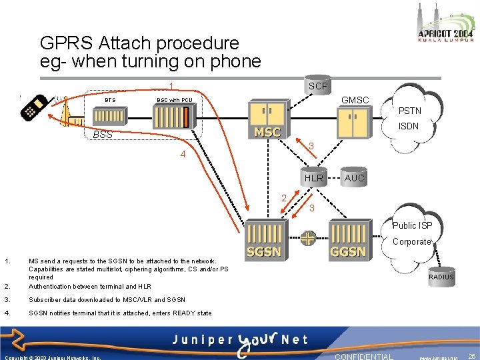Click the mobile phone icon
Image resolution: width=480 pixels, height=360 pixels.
pyautogui.click(x=35, y=108)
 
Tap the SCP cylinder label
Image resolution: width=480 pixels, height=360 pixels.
pyautogui.click(x=318, y=86)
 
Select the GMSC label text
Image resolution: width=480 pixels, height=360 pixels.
pyautogui.click(x=355, y=100)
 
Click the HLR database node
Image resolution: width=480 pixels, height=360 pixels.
pyautogui.click(x=313, y=178)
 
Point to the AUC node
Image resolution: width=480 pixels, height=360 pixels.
pyautogui.click(x=354, y=178)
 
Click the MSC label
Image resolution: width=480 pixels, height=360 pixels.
pyautogui.click(x=267, y=132)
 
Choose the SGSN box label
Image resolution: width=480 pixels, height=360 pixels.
pyautogui.click(x=264, y=251)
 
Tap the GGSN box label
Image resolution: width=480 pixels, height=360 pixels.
pyautogui.click(x=348, y=251)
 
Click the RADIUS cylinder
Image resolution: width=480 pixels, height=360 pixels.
pyautogui.click(x=441, y=276)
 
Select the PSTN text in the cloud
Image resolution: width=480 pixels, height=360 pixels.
pyautogui.click(x=409, y=111)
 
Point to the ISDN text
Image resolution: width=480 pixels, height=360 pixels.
pyautogui.click(x=408, y=127)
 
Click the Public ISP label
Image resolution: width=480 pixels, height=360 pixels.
pyautogui.click(x=412, y=225)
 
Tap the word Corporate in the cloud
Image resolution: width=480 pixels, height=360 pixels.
pyautogui.click(x=412, y=241)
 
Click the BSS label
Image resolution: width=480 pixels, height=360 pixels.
pyautogui.click(x=103, y=134)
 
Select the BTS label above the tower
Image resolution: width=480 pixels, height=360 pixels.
pyautogui.click(x=110, y=100)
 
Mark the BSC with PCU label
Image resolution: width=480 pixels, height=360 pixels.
pyautogui.click(x=174, y=100)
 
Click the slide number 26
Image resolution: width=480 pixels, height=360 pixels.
pyautogui.click(x=471, y=357)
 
